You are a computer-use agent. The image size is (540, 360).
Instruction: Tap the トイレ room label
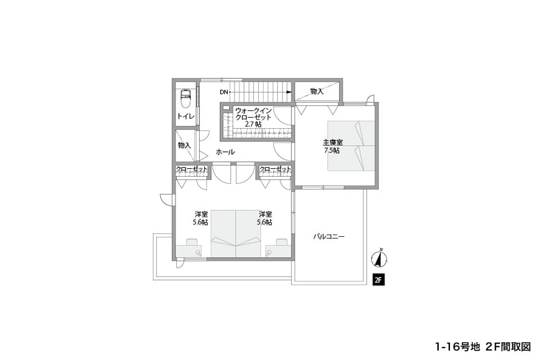pyautogui.click(x=186, y=116)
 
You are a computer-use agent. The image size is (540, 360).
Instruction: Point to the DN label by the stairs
pyautogui.click(x=224, y=92)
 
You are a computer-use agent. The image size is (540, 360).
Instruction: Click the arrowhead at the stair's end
pyautogui.click(x=290, y=92)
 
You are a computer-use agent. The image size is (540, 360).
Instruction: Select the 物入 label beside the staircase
pyautogui.click(x=317, y=91)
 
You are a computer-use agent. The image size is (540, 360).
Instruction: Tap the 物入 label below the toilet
pyautogui.click(x=184, y=145)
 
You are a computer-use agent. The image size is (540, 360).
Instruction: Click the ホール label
pyautogui.click(x=226, y=151)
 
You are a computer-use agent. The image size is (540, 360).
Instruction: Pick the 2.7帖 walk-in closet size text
pyautogui.click(x=253, y=124)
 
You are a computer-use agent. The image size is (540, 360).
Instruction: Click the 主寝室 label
pyautogui.click(x=332, y=142)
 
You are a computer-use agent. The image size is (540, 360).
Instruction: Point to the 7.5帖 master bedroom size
pyautogui.click(x=332, y=151)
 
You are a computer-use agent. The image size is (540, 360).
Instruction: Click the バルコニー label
pyautogui.click(x=329, y=237)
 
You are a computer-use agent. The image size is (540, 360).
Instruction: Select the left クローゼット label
pyautogui.click(x=192, y=169)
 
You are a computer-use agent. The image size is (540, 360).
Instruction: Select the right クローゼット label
pyautogui.click(x=275, y=169)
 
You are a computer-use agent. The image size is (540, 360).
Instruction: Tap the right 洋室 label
pyautogui.click(x=265, y=214)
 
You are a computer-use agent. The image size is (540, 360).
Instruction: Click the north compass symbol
pyautogui.click(x=379, y=258)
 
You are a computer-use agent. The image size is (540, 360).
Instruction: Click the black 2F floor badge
pyautogui.click(x=379, y=280)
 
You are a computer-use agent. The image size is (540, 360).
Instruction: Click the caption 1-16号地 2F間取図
pyautogui.click(x=483, y=347)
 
